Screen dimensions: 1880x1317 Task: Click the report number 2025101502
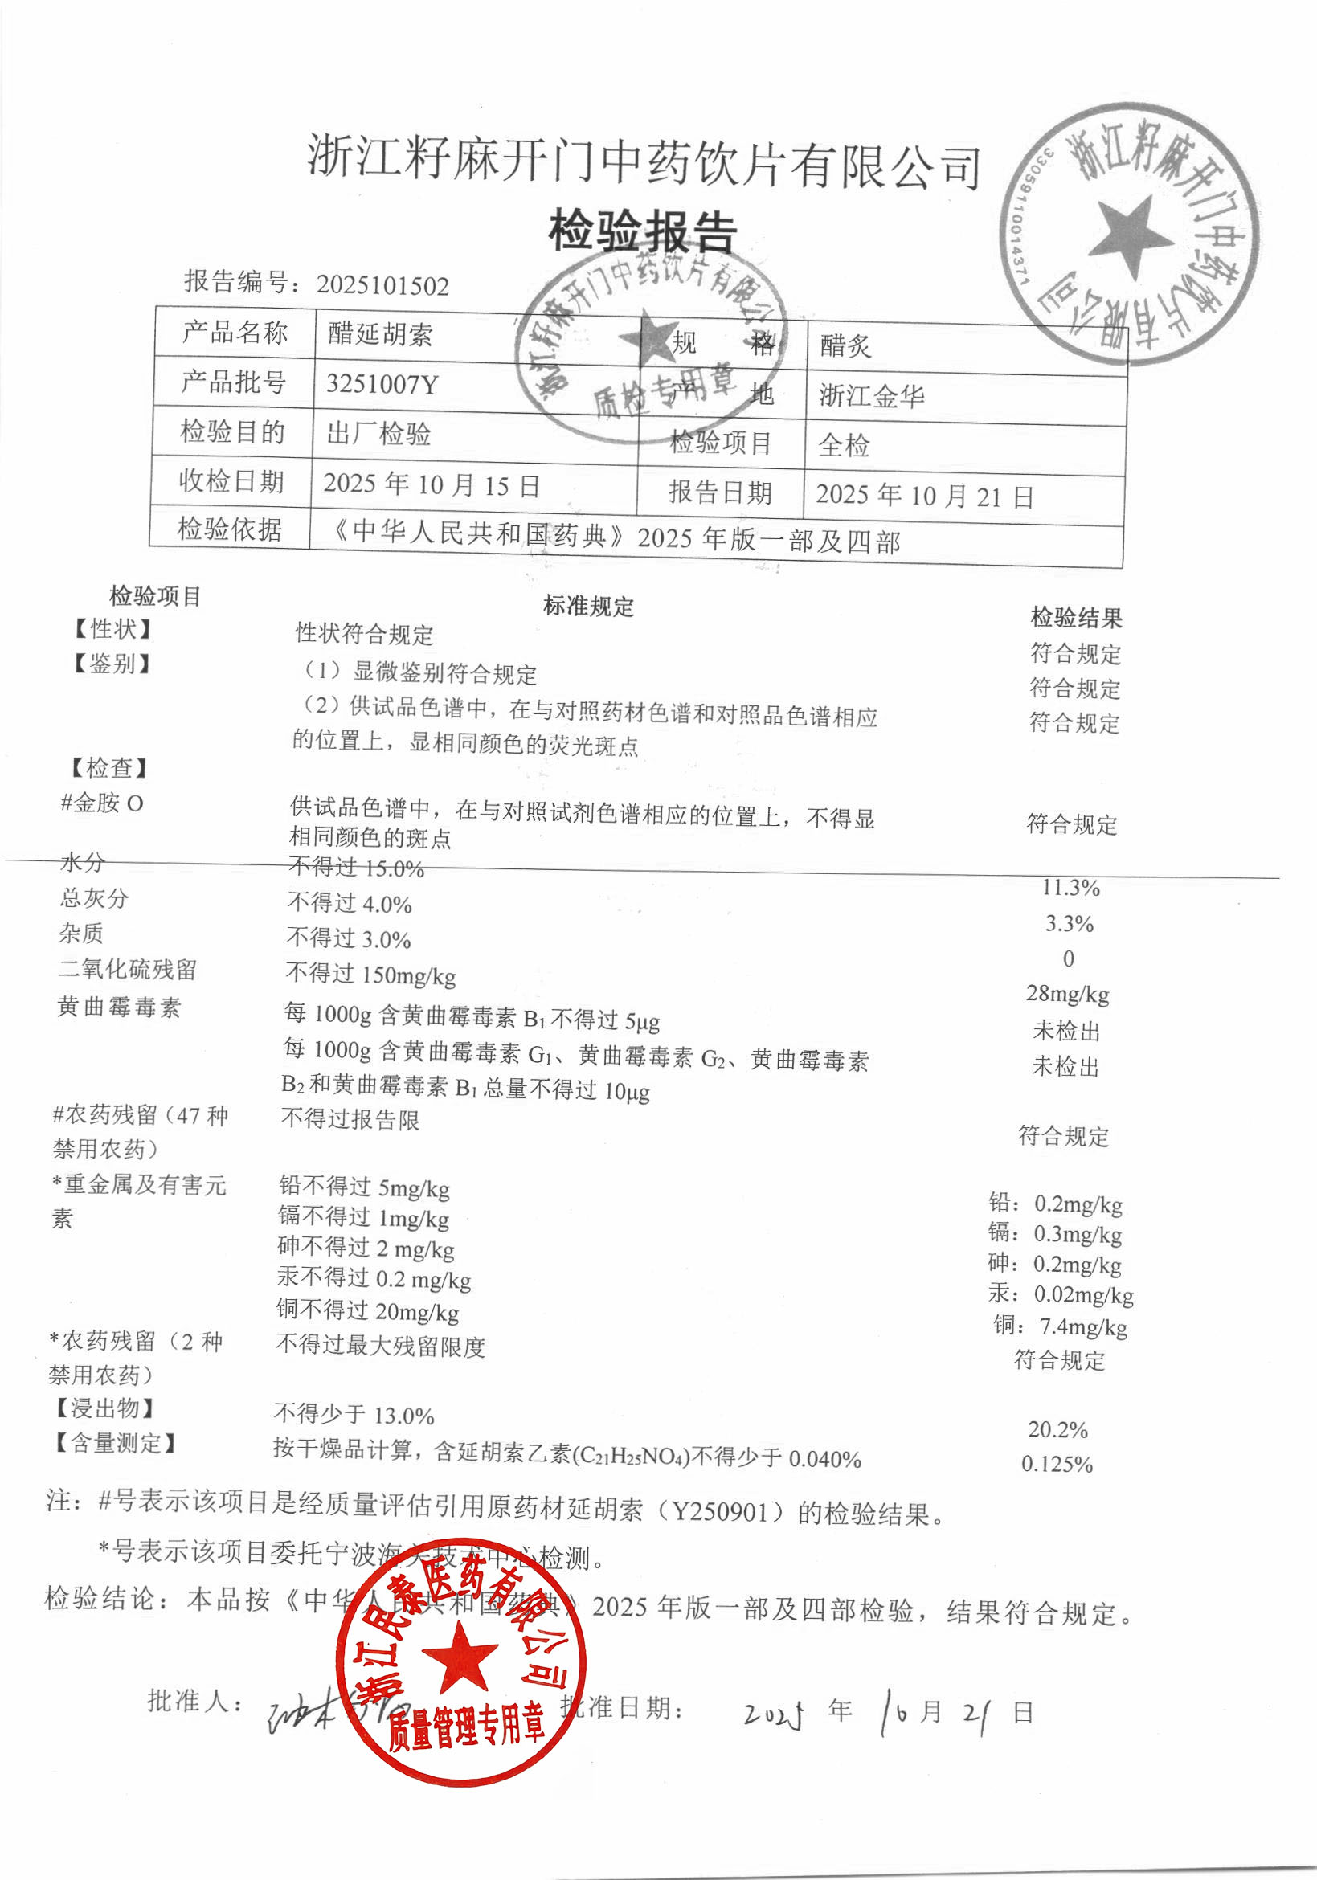(382, 285)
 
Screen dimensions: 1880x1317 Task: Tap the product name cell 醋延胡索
(380, 334)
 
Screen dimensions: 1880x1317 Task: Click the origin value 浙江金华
(872, 396)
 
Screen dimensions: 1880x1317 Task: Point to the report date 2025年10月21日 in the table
(924, 496)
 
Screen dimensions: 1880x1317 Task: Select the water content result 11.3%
(1070, 889)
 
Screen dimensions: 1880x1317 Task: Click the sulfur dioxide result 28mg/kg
(1067, 994)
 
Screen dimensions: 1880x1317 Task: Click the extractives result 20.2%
(1057, 1429)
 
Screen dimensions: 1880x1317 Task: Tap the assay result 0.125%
(1057, 1464)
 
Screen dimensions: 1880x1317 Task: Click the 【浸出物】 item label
(104, 1408)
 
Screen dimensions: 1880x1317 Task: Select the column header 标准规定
(588, 607)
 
